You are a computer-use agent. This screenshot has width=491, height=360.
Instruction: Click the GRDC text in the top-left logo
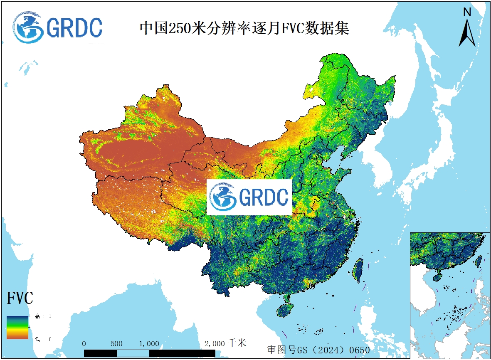coord(74,28)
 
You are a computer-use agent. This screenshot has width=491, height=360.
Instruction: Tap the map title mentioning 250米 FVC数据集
coord(244,28)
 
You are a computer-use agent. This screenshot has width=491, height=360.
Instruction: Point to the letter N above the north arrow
coord(467,12)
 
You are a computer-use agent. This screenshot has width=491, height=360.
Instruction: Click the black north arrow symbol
coord(467,33)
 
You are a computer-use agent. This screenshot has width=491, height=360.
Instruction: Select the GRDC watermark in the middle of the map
coord(249,197)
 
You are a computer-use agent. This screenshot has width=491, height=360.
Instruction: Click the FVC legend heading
coord(20,298)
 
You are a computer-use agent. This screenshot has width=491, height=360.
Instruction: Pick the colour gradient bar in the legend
coord(17,327)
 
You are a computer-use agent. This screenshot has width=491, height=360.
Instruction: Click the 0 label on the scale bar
coord(84,344)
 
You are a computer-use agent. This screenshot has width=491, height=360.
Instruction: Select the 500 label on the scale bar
coord(116,344)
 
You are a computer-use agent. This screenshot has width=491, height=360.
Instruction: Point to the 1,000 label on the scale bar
coord(149,344)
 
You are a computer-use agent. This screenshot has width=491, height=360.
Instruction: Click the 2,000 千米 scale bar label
coord(225,343)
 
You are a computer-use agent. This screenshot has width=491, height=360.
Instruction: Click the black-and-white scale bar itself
coord(150,353)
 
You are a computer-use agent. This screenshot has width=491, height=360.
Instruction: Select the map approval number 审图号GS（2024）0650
coord(318,350)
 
